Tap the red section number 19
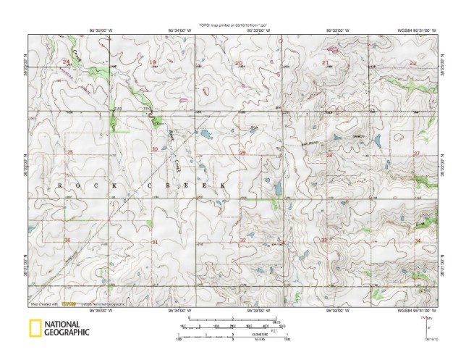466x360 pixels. (153, 62)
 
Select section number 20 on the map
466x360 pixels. (239, 64)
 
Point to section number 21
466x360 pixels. (326, 63)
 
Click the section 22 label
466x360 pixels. (413, 63)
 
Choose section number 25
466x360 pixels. (69, 151)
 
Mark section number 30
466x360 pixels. (155, 149)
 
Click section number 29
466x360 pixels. (242, 154)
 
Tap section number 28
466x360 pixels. (329, 155)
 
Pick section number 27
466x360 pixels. (417, 154)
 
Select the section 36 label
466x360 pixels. (67, 240)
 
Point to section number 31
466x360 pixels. (155, 240)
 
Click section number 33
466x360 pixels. (325, 240)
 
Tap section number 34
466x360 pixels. (418, 240)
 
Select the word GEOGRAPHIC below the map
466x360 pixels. (67, 333)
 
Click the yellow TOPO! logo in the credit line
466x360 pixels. (69, 304)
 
